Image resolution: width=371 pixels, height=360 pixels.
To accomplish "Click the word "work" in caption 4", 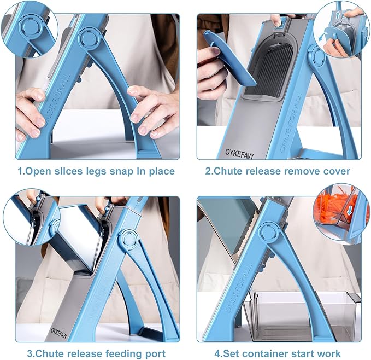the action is tap(329, 354).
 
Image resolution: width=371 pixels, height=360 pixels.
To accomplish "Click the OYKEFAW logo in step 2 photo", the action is tap(239, 154).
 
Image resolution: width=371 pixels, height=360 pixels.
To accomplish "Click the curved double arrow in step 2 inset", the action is tap(323, 37).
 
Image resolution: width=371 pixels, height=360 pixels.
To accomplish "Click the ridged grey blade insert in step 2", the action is tap(266, 69).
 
